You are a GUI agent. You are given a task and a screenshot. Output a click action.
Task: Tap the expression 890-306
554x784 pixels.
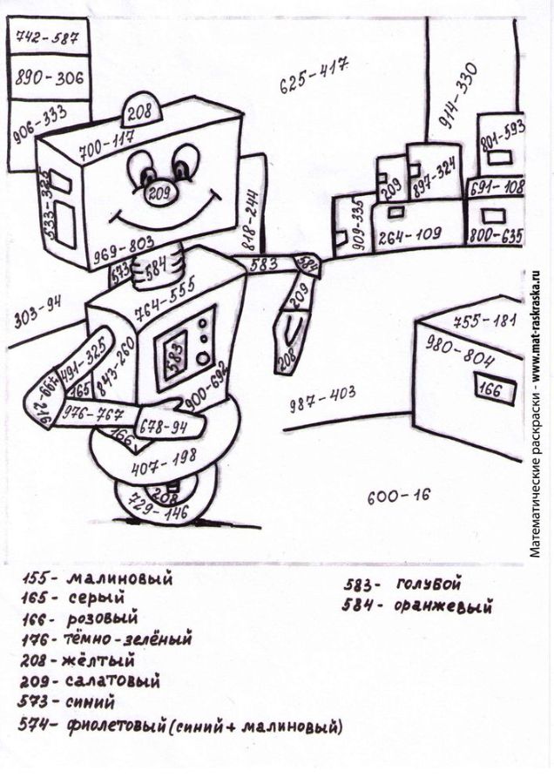[50, 78]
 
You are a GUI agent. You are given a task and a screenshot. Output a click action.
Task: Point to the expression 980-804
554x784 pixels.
[459, 350]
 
